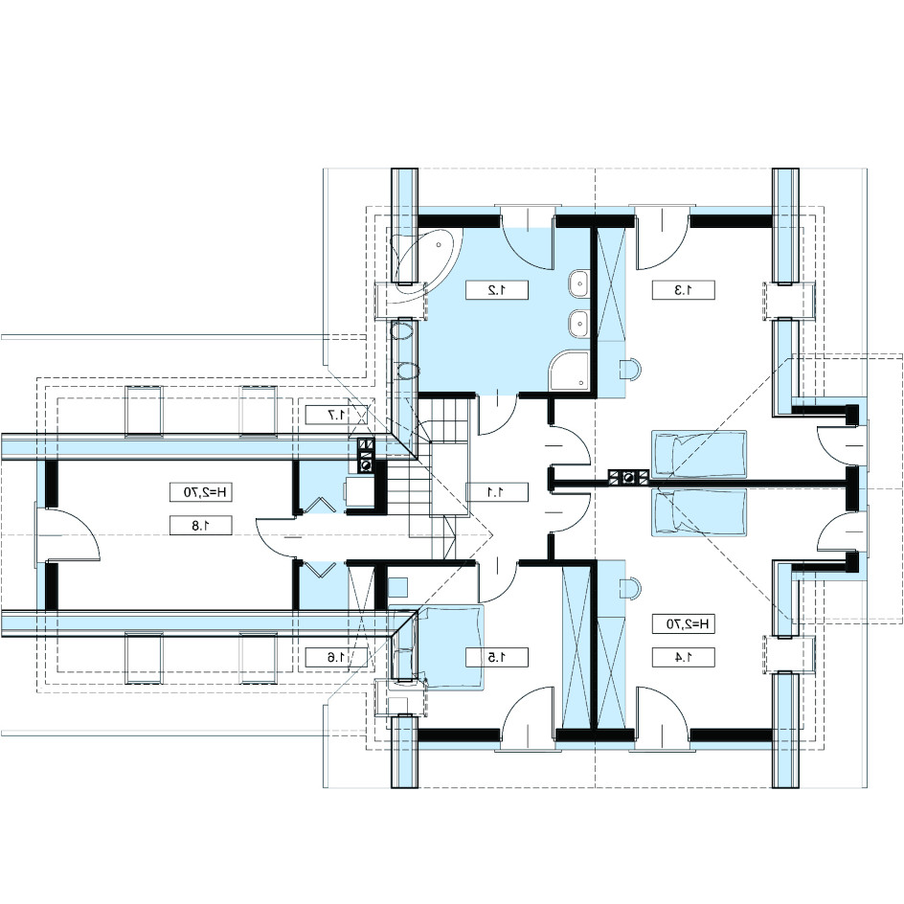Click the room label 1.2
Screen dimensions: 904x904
497,290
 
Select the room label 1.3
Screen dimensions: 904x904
683,290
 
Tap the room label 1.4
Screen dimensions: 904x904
683,657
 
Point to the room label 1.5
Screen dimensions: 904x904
497,657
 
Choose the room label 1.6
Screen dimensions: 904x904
337,657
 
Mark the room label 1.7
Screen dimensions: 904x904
337,415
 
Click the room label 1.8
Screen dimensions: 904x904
201,525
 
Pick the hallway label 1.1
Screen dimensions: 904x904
497,492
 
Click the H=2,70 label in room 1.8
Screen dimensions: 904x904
201,492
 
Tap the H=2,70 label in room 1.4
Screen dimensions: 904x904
683,623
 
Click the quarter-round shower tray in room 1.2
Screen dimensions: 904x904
569,371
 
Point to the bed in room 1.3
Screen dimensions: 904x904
699,454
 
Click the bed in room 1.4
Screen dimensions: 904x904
699,512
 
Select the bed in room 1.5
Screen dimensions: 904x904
450,645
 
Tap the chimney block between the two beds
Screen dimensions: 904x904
628,476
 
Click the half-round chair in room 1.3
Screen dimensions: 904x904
629,369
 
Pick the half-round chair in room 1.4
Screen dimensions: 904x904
629,589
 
